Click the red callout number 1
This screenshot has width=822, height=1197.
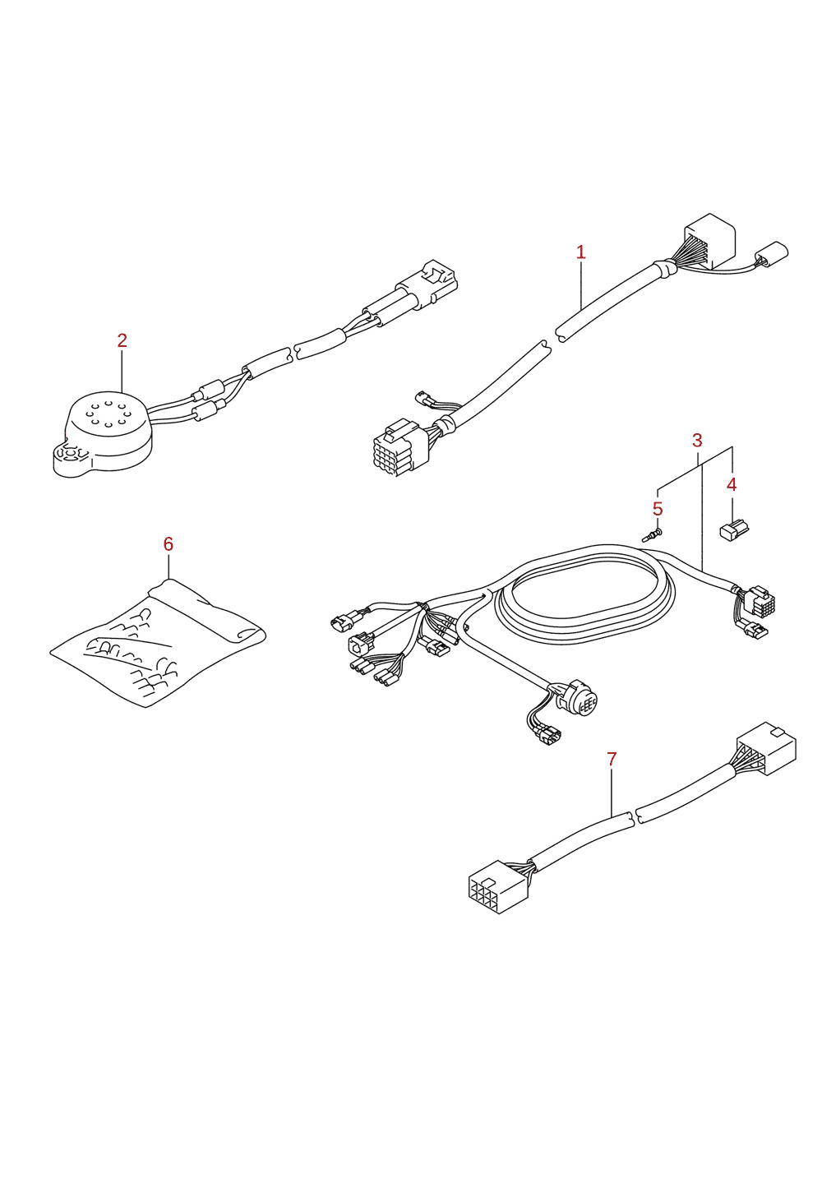point(581,252)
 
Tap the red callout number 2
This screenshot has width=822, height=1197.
point(122,340)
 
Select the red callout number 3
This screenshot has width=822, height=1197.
point(697,441)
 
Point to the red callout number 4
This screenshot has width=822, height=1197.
point(732,485)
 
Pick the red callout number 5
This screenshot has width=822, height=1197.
point(658,509)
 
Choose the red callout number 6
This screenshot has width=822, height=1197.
point(169,544)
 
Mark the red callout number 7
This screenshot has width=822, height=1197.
point(612,759)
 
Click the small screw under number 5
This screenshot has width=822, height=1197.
point(652,534)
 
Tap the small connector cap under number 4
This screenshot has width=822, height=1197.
point(734,530)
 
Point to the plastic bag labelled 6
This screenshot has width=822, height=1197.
point(158,643)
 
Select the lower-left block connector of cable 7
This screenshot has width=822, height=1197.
point(498,886)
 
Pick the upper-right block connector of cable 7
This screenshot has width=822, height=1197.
point(766,748)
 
